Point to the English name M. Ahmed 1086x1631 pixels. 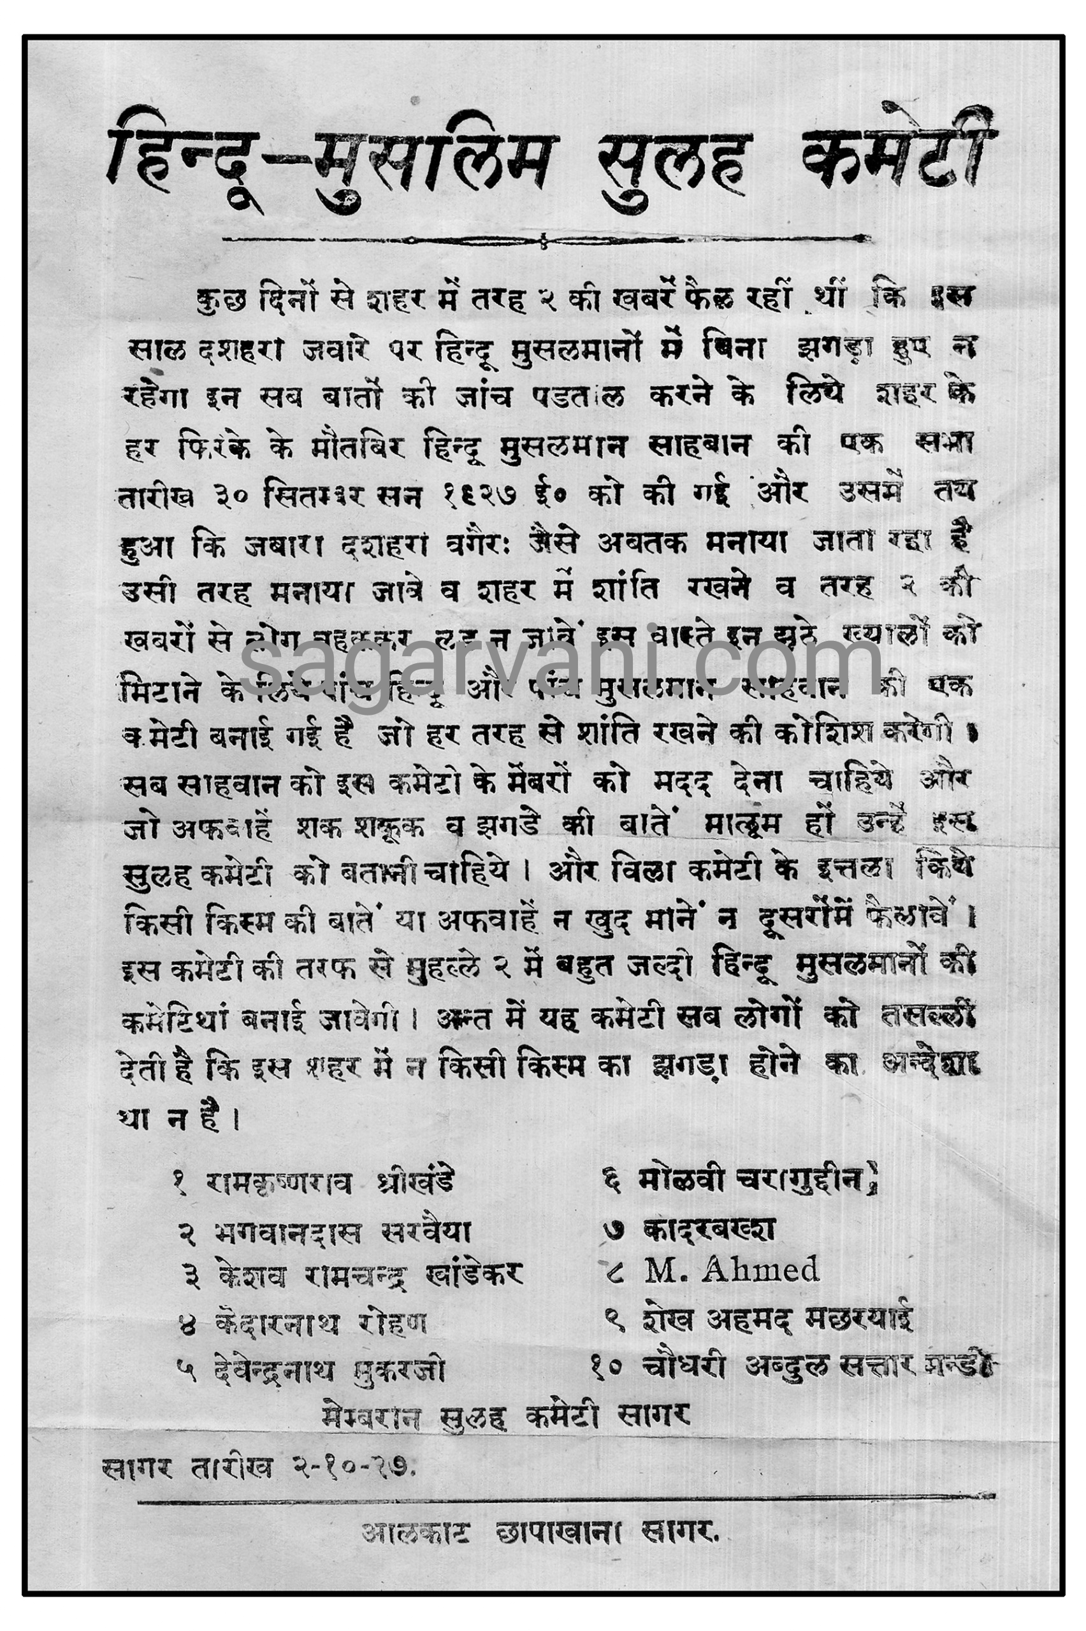(x=732, y=1270)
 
